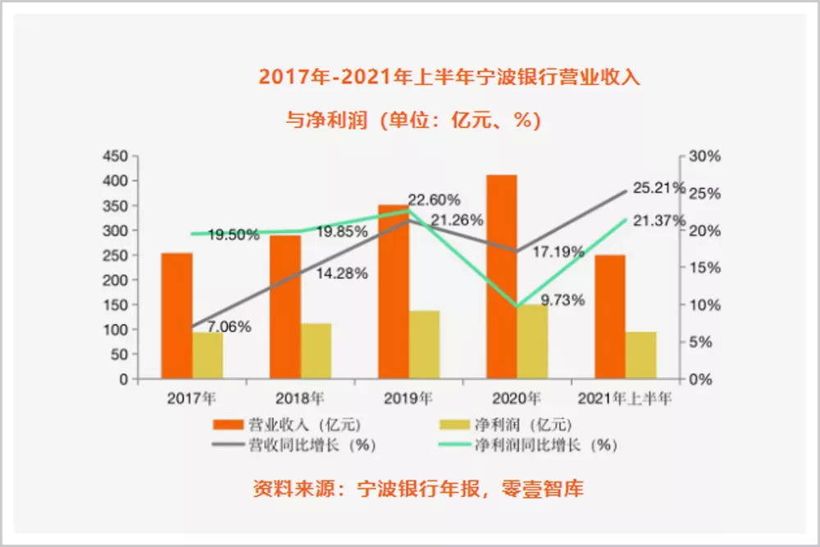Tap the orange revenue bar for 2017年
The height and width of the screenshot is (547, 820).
point(177,316)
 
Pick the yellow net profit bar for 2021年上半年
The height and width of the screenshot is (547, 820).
point(641,355)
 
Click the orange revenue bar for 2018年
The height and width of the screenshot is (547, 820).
point(285,307)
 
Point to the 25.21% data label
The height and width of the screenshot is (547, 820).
point(658,188)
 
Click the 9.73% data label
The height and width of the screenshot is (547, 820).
point(563,300)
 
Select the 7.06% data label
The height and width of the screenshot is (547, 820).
point(229,327)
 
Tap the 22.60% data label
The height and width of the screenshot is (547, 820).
point(434,199)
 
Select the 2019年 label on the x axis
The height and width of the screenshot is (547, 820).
point(408,399)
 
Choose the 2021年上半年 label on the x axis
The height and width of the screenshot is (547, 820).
point(625,399)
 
